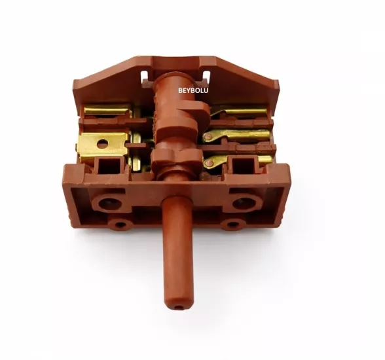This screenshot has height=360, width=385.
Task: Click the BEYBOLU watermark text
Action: coord(193,90)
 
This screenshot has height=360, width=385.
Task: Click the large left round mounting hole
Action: coord(110,203)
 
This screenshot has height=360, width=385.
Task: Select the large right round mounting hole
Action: coord(244,203)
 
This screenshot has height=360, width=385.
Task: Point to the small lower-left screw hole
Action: coord(120,225)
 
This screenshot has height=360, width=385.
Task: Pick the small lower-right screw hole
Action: coord(233,225)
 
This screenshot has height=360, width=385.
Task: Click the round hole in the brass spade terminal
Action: coord(103,144)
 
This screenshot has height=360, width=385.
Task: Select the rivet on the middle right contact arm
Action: coord(208,137)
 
